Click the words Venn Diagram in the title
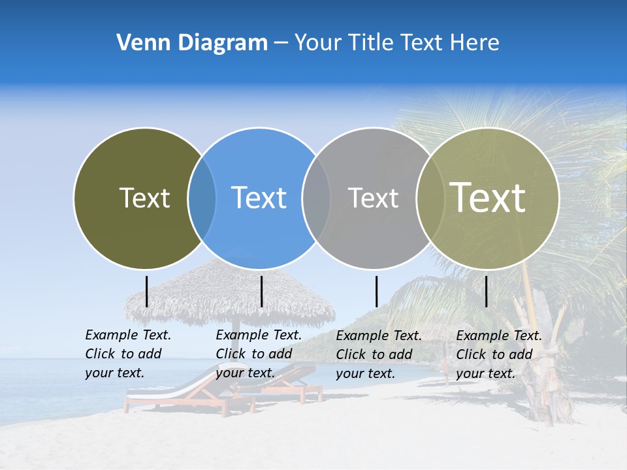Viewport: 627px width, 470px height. tap(192, 43)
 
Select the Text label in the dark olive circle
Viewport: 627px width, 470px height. tap(144, 198)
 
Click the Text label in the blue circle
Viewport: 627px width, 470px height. tap(259, 198)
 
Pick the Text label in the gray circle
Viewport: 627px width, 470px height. tap(373, 198)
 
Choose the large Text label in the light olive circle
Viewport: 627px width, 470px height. tap(488, 197)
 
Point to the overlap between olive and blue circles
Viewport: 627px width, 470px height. tap(202, 198)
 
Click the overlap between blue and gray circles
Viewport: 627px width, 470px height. tap(316, 198)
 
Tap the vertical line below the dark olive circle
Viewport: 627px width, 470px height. tap(147, 291)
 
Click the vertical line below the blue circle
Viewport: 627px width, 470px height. tap(261, 291)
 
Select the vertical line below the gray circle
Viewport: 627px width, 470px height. tap(376, 291)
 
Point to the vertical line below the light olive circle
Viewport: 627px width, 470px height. tap(486, 291)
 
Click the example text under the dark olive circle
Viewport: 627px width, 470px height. tap(128, 354)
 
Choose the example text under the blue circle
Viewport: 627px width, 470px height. tap(259, 354)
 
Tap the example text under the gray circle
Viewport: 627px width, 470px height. tap(379, 354)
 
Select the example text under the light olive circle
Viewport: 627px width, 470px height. tap(499, 354)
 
